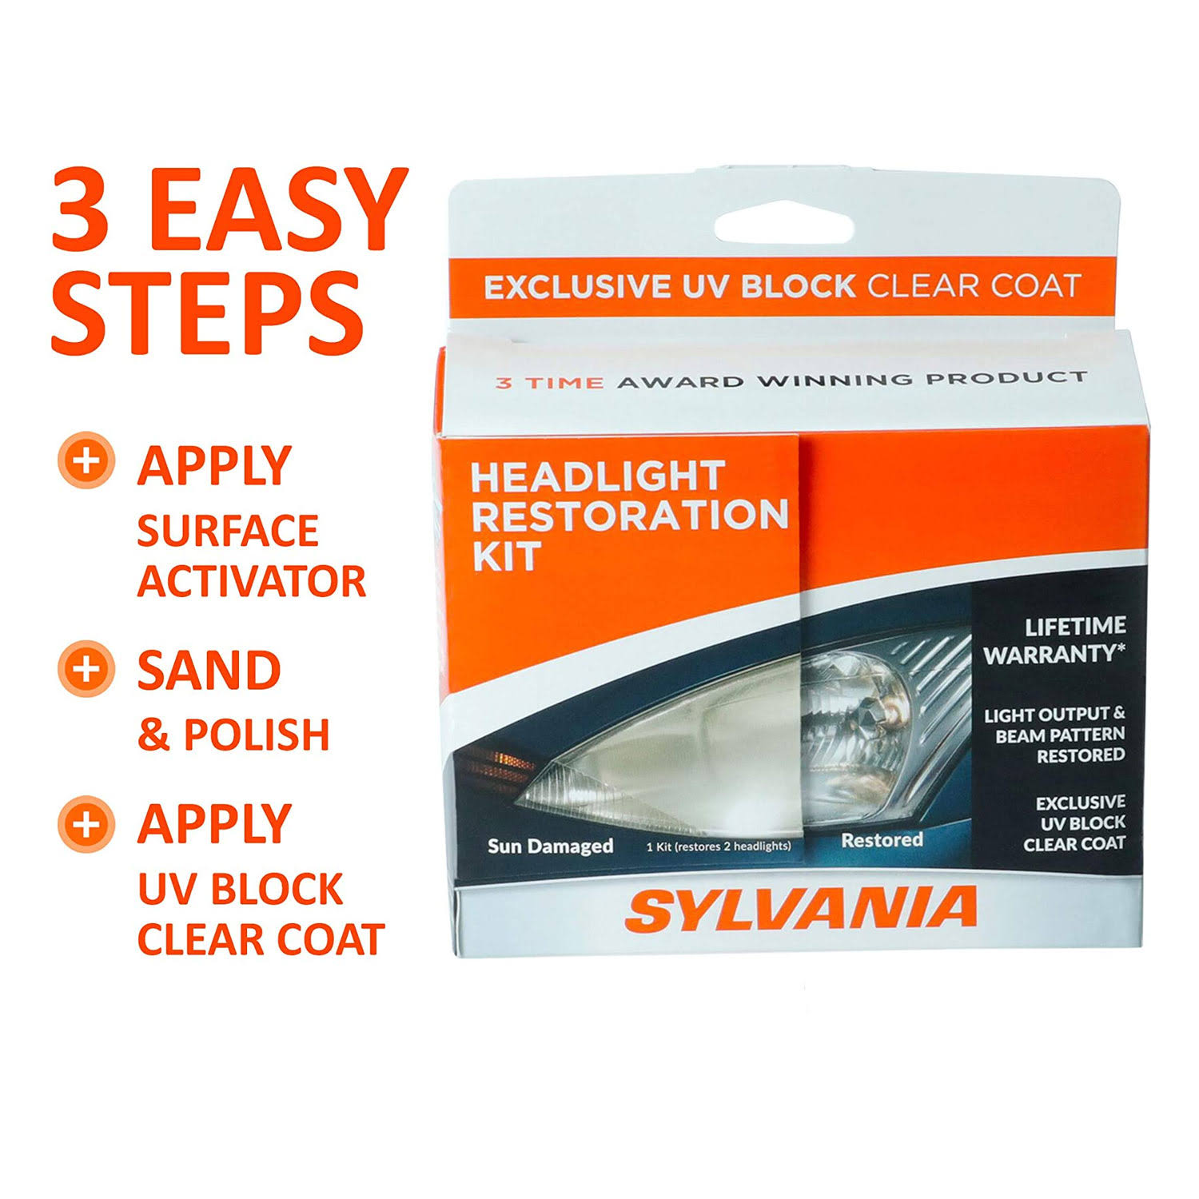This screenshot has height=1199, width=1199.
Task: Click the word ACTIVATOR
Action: click(x=251, y=581)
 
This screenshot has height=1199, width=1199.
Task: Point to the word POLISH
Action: click(x=257, y=735)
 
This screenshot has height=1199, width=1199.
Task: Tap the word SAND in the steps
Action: click(x=209, y=670)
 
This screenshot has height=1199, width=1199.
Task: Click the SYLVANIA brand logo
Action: click(x=801, y=909)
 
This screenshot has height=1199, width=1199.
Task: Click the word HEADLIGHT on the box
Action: click(x=598, y=476)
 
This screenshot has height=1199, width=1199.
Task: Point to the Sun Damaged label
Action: click(x=551, y=846)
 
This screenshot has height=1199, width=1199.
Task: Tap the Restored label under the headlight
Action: click(x=882, y=840)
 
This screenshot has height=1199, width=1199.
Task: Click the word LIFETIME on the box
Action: click(x=1075, y=626)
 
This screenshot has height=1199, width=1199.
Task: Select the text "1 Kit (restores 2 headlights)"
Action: click(x=719, y=846)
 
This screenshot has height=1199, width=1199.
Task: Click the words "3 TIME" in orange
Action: click(x=550, y=382)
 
